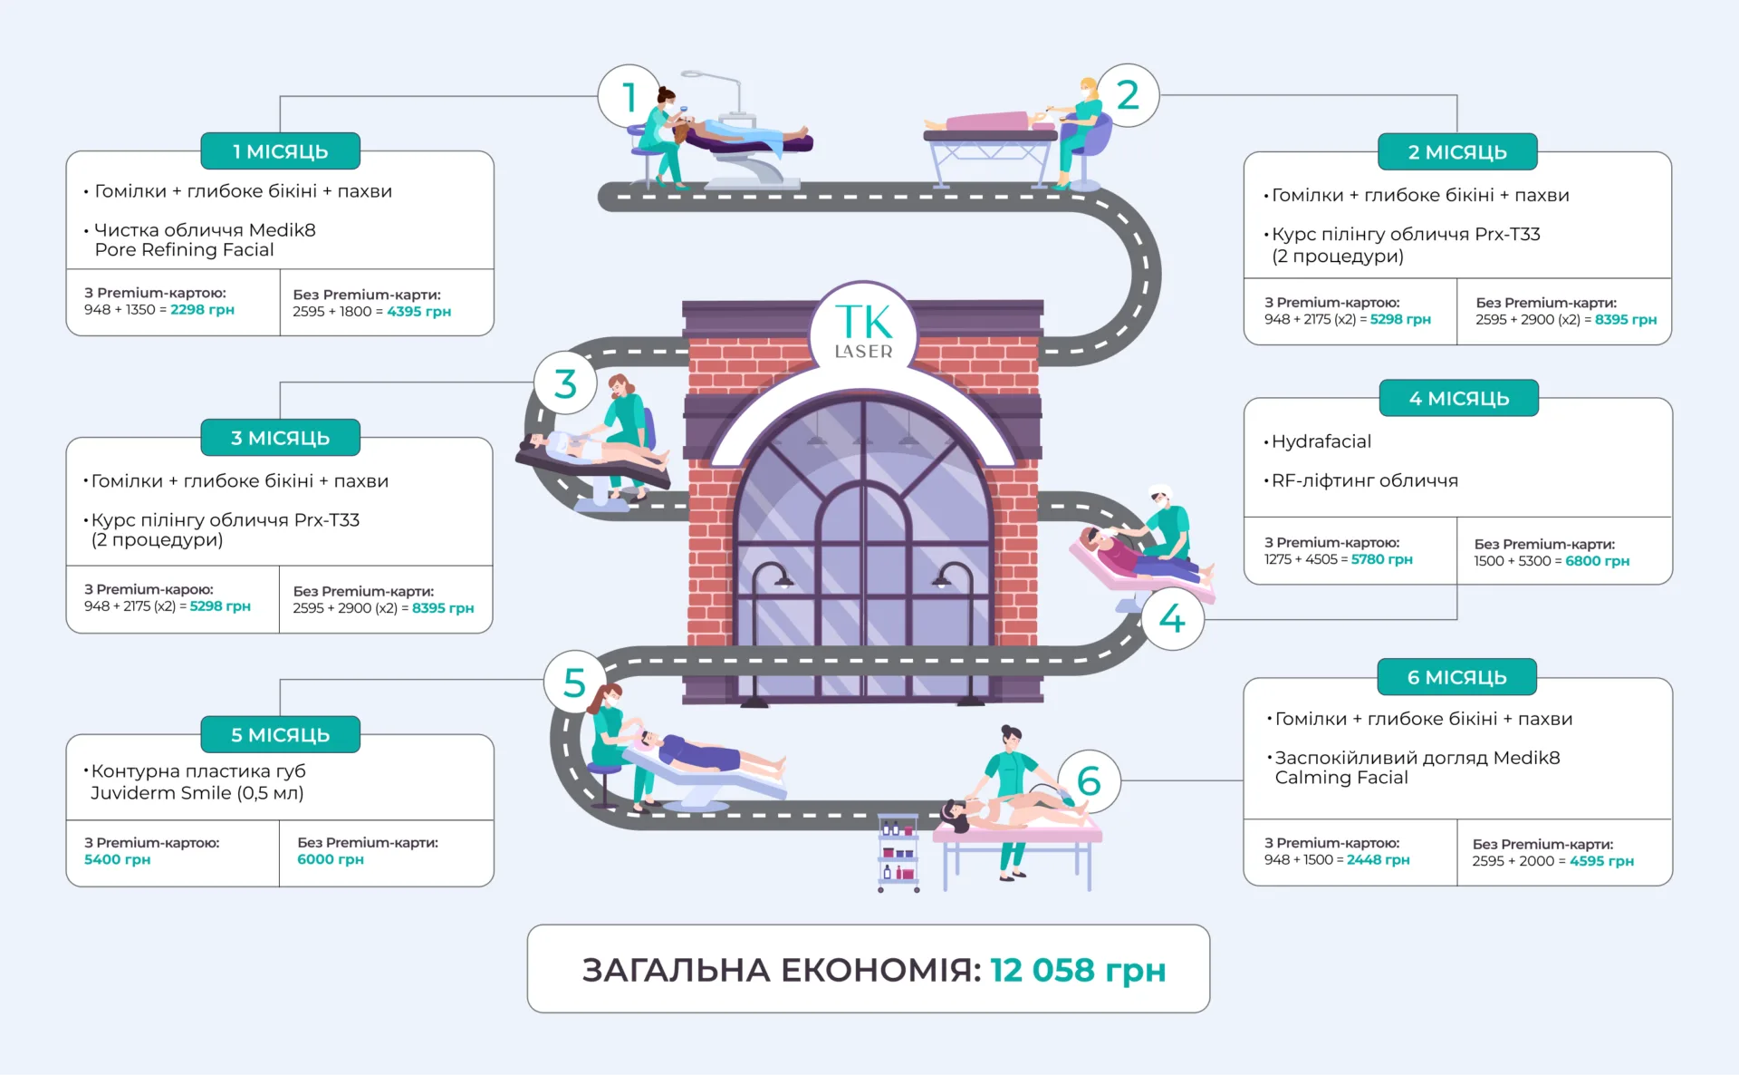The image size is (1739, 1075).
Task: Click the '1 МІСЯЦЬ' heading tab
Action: (280, 151)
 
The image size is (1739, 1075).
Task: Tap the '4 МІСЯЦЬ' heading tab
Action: (1458, 398)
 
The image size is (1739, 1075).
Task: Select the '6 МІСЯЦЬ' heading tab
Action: (1456, 677)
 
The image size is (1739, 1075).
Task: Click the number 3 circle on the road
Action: (565, 383)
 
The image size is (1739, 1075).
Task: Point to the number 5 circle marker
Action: (574, 683)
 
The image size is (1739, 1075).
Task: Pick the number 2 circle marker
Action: (1128, 95)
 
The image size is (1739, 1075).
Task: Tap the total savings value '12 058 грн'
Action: (1077, 970)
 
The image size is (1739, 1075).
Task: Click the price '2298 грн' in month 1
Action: (202, 309)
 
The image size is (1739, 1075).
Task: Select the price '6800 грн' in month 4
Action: (1597, 561)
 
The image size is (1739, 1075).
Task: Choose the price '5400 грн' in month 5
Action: (118, 859)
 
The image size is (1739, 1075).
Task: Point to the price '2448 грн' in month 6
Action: (1378, 859)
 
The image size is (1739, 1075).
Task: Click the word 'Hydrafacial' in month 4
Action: (1321, 441)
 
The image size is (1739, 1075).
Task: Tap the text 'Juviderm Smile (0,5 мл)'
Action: (197, 793)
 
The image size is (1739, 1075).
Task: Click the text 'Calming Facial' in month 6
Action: (1341, 778)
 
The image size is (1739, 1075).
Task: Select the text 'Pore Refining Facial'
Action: (184, 250)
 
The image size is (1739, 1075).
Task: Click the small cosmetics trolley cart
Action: (898, 853)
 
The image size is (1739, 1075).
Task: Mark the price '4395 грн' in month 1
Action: (418, 311)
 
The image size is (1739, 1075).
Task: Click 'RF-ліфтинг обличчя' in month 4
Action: (1364, 480)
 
